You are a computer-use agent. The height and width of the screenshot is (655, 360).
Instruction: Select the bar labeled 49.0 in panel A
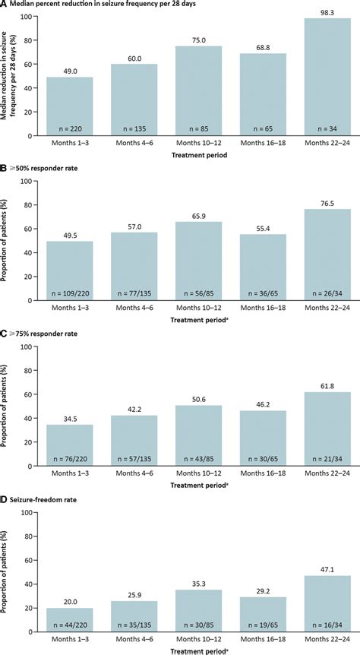click(x=69, y=106)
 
